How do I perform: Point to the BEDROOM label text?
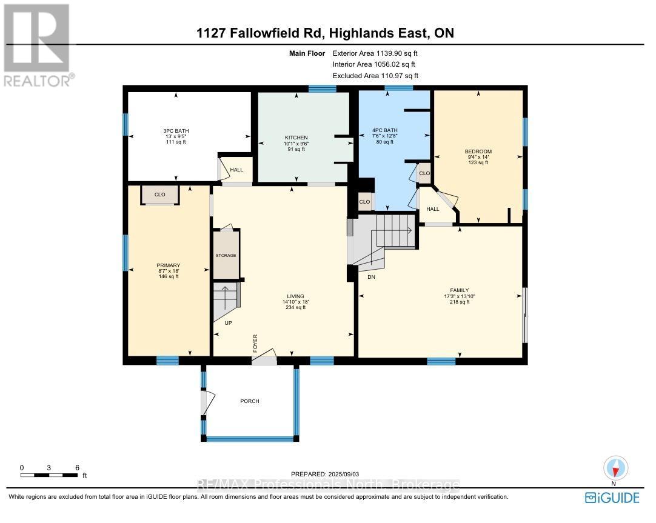click(x=478, y=152)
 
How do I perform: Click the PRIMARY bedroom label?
click(x=168, y=265)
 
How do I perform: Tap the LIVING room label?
click(x=295, y=296)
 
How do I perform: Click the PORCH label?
click(x=249, y=401)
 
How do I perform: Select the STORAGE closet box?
click(x=226, y=256)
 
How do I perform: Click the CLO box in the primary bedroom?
click(x=160, y=195)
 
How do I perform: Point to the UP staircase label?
click(x=228, y=323)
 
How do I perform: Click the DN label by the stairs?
click(x=371, y=276)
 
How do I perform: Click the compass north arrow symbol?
click(x=616, y=468)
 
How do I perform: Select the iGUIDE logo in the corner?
click(x=612, y=498)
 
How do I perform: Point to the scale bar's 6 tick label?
click(x=77, y=467)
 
